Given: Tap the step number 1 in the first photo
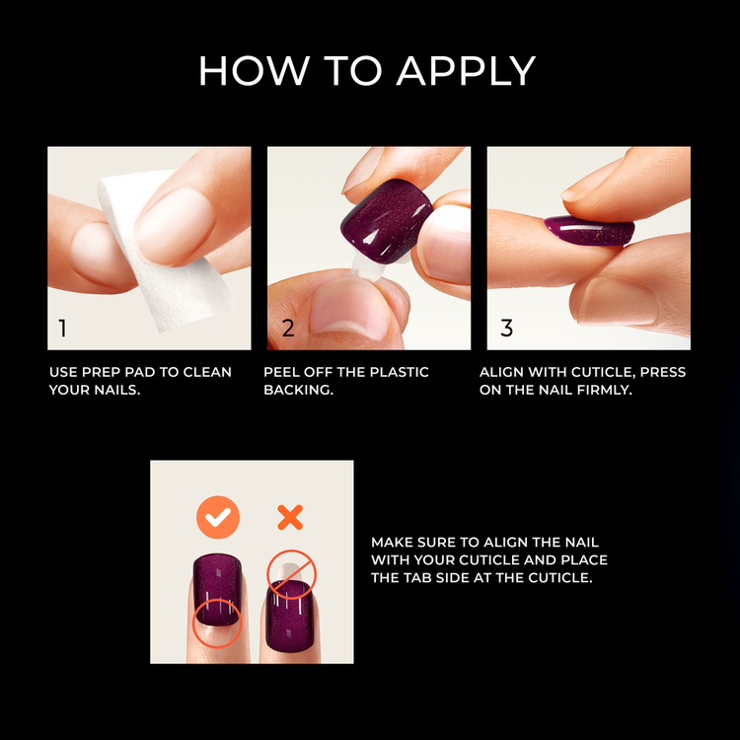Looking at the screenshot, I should pos(63,329).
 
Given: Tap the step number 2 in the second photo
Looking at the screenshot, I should pos(288,329).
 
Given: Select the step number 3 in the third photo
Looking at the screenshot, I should pos(506,329).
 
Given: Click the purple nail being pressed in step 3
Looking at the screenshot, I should pos(588,231).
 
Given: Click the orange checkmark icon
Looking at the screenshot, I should pos(217,517).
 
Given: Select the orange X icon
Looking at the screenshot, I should pos(289,517).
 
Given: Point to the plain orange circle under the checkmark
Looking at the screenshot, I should pos(217,622).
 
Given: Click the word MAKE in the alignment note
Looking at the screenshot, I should pos(390,543).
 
